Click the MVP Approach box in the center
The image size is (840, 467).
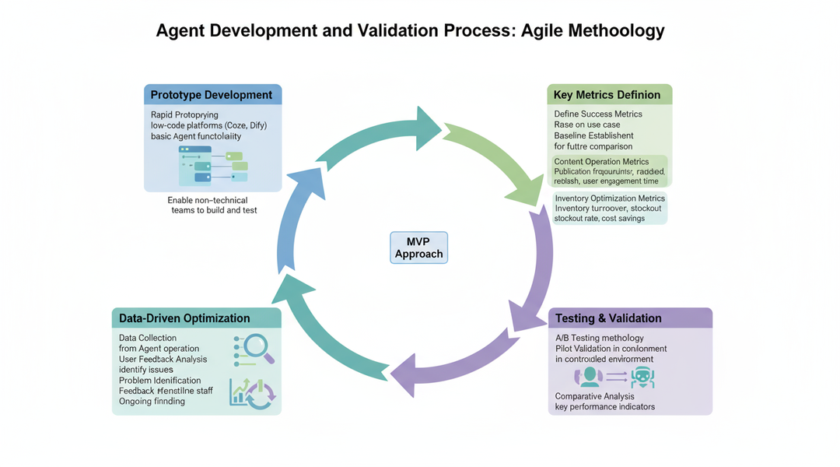click(x=418, y=247)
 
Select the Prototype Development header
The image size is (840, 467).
click(x=212, y=95)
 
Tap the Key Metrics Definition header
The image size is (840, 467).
click(x=607, y=95)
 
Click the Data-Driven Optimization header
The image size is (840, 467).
click(x=184, y=318)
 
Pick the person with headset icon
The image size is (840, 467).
click(x=589, y=377)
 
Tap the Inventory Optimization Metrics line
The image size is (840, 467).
click(x=610, y=198)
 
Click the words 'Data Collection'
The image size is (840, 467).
click(x=148, y=338)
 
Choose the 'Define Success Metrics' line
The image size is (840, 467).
click(x=598, y=114)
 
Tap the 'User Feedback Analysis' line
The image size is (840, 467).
click(x=163, y=359)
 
